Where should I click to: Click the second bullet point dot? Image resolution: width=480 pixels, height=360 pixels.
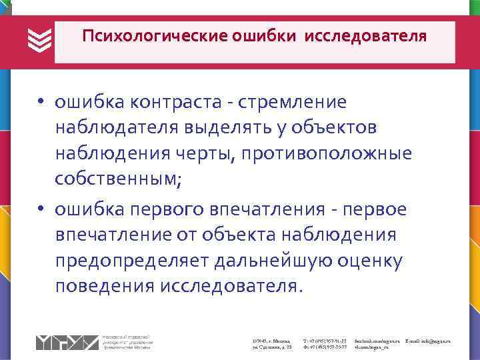(41, 210)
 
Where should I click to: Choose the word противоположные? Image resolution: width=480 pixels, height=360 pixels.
(327, 154)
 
